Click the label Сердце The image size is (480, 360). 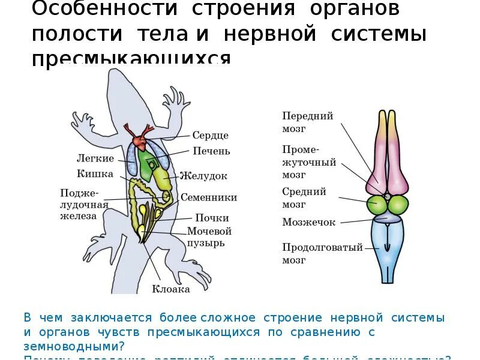click(210, 136)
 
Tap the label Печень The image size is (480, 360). click(211, 151)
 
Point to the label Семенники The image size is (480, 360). click(209, 197)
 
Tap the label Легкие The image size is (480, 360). click(95, 158)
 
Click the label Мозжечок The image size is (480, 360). click(308, 222)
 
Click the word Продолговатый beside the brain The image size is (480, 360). click(322, 247)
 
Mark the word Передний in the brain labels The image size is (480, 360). click(308, 116)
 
